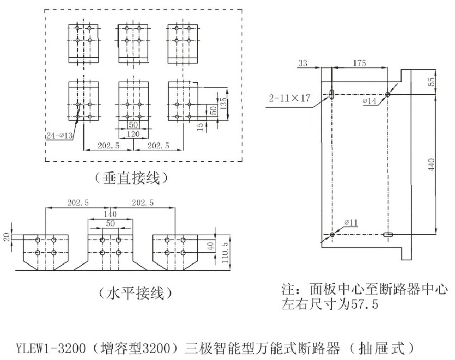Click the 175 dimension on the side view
click(x=359, y=63)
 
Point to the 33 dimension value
click(x=303, y=63)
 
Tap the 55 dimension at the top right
click(x=431, y=81)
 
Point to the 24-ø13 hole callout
click(x=60, y=135)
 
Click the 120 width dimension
click(x=133, y=134)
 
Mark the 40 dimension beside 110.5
click(x=211, y=246)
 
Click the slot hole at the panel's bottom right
click(x=388, y=235)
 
